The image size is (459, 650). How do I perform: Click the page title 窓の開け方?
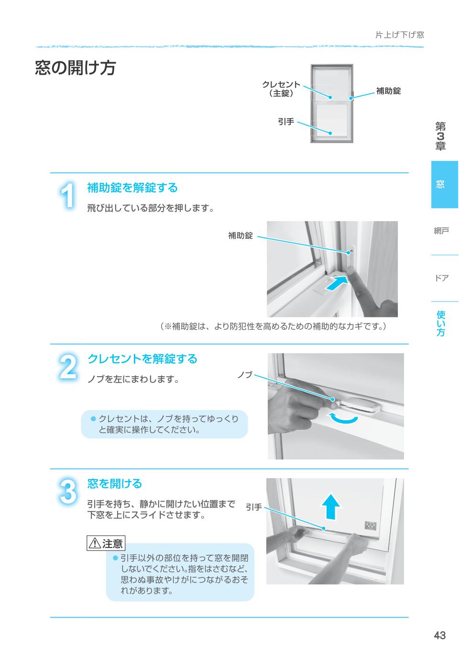pos(76,68)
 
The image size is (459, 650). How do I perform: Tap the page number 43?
pos(439,635)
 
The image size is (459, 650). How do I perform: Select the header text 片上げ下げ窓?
pos(399,34)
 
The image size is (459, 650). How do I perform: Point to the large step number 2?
pos(68,367)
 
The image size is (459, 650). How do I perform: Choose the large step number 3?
pos(68,492)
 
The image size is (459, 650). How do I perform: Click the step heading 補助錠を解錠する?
pos(132,188)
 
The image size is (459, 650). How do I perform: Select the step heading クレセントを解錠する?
pos(142,359)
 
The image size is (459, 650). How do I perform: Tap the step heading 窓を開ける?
pos(115,484)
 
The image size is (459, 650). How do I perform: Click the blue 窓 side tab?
pos(444,184)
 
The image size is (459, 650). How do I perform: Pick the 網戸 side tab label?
pos(441,231)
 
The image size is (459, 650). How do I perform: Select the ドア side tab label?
pos(441,278)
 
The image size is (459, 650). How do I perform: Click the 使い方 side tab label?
pos(440,324)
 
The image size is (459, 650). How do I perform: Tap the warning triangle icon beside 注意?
pos(94,544)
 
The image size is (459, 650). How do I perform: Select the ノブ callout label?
pos(245,375)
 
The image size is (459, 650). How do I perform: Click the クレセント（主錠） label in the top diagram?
pos(281,89)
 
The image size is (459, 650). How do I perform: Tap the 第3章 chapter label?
pos(440,136)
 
